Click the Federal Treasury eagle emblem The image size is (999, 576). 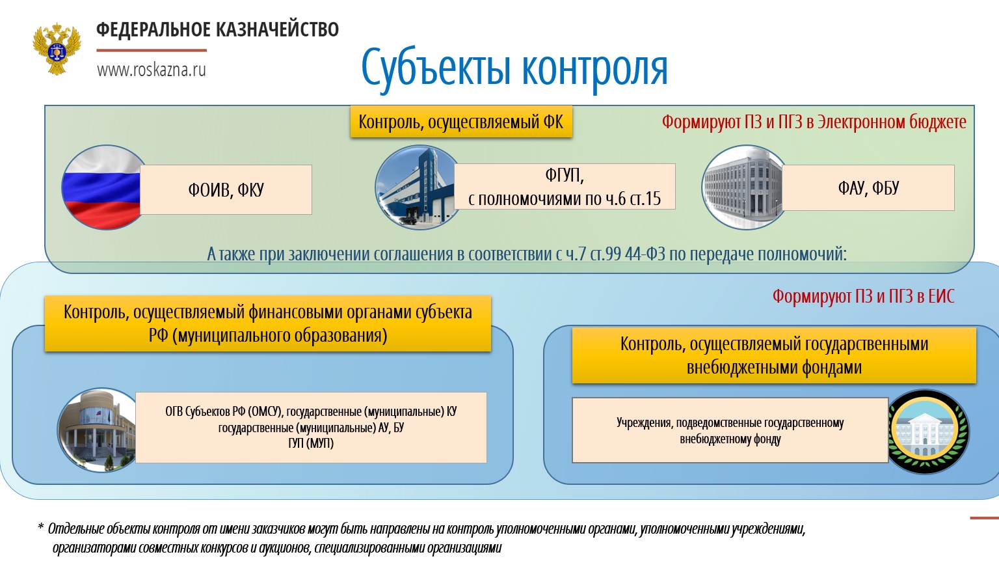coord(57,49)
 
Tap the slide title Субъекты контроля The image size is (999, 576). coord(514,68)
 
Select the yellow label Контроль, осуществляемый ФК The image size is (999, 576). coord(461,122)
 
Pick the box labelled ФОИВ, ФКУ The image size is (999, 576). coord(226,189)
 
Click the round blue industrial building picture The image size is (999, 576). coord(418,187)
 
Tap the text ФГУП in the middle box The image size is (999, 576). coord(564,175)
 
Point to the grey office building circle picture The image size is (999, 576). coord(744,187)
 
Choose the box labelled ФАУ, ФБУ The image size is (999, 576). coord(868,187)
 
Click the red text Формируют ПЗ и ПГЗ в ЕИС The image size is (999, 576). coord(864,296)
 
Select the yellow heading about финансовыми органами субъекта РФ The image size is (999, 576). coord(267,323)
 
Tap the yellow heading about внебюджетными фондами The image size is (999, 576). coord(774,355)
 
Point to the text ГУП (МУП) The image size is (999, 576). coord(311,443)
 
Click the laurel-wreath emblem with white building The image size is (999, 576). coord(927,432)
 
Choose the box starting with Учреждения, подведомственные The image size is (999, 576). coord(730,430)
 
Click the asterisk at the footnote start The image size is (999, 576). coord(40,527)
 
